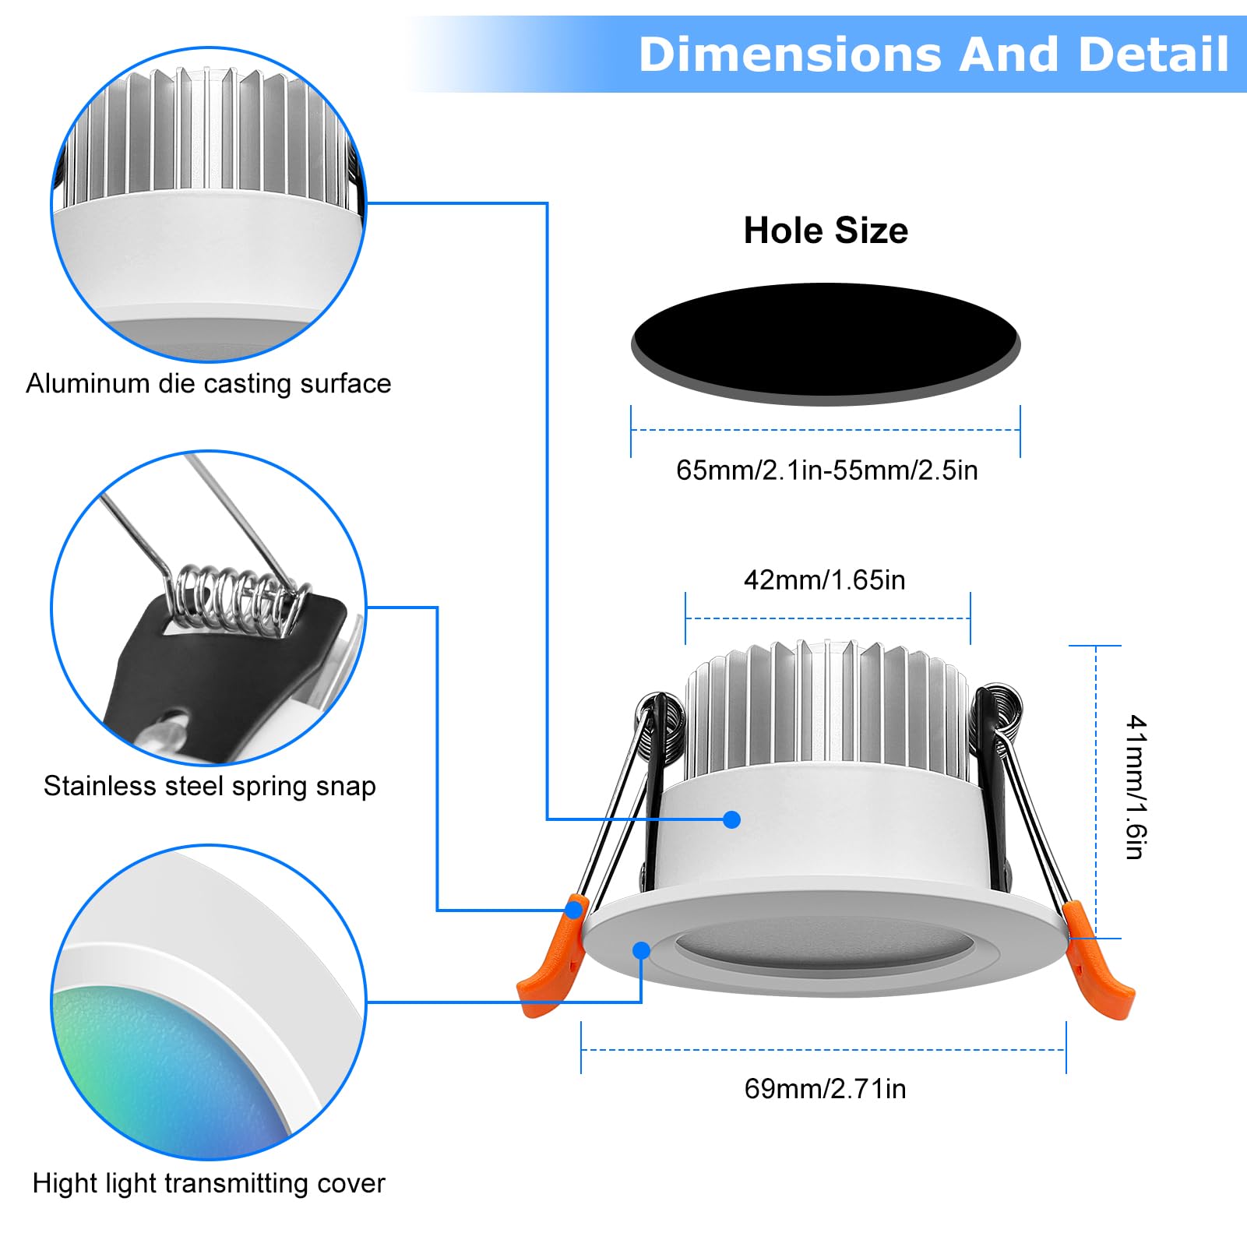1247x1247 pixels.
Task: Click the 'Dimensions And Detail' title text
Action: point(933,55)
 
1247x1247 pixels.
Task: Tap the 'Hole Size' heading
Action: point(826,231)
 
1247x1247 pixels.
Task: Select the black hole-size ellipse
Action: point(826,341)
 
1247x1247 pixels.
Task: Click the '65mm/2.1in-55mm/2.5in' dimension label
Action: point(826,470)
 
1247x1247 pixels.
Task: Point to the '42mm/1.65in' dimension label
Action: point(825,580)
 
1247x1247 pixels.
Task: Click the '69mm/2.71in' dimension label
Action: point(825,1088)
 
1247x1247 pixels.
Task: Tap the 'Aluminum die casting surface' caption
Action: point(209,383)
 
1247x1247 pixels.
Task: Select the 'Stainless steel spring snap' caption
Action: point(210,786)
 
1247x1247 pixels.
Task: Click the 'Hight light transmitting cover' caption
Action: point(209,1183)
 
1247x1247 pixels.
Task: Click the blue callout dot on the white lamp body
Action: point(731,819)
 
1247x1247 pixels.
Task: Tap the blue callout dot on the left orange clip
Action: point(575,909)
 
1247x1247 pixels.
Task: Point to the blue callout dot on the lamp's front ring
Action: point(642,950)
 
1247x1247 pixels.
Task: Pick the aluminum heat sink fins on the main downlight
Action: point(826,709)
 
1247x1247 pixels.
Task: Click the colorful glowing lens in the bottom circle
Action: point(164,1067)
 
